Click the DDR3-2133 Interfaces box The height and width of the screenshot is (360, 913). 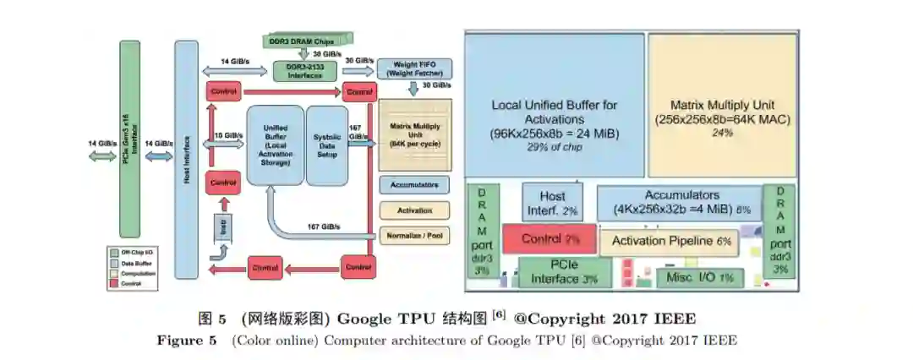(303, 71)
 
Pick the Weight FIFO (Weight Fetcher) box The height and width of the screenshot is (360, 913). (414, 68)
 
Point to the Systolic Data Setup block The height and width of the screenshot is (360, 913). (326, 145)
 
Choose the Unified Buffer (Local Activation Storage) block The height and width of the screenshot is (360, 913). (274, 145)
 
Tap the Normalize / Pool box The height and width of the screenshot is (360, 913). (414, 236)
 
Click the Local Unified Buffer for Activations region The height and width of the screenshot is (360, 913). (554, 106)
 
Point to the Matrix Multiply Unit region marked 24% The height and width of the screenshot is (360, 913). (723, 106)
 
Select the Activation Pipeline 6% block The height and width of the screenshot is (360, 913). (668, 242)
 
